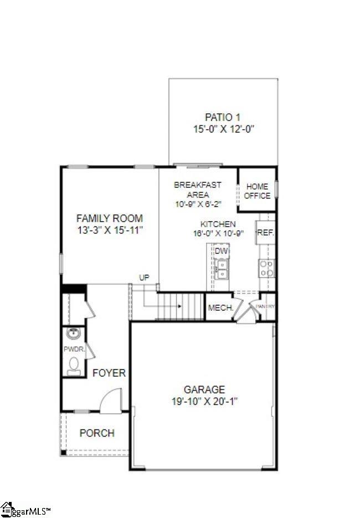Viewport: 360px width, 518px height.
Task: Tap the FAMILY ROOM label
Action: [110, 218]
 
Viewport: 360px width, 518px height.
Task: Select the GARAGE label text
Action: [204, 389]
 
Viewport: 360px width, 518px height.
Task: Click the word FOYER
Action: [109, 373]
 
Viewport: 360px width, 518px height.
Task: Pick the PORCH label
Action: [97, 433]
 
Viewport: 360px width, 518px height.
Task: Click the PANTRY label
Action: [265, 307]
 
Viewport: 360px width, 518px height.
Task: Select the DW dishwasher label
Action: [222, 251]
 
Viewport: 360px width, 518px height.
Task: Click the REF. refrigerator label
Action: [266, 233]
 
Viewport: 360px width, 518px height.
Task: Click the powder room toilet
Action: [73, 365]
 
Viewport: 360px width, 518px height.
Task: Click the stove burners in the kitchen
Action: [266, 269]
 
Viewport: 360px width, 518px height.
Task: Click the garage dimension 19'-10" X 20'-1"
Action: [205, 401]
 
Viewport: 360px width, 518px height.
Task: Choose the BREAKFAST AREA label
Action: [198, 189]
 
